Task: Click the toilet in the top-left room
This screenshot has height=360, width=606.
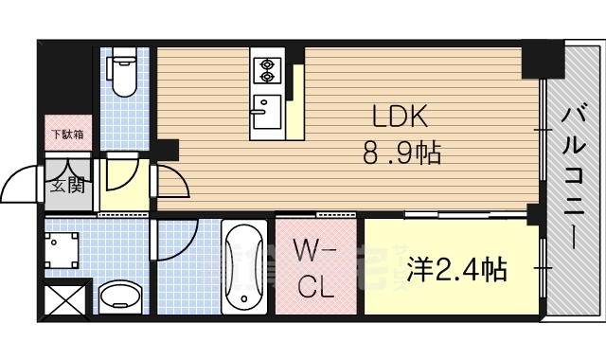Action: pyautogui.click(x=122, y=77)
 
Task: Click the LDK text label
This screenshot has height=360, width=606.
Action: pyautogui.click(x=400, y=117)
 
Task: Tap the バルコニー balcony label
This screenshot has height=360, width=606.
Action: pyautogui.click(x=573, y=175)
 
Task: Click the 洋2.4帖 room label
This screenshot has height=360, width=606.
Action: pyautogui.click(x=457, y=270)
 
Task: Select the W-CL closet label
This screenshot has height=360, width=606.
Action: pyautogui.click(x=314, y=269)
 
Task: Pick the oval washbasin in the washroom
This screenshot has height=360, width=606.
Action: pyautogui.click(x=120, y=297)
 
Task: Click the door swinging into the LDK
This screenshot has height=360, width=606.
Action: pyautogui.click(x=171, y=181)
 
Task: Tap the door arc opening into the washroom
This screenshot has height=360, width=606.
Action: pyautogui.click(x=173, y=240)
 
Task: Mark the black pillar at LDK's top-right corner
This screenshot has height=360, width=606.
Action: pyautogui.click(x=542, y=61)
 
